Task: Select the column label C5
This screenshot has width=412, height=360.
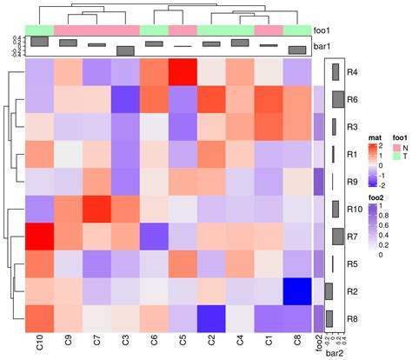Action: coord(183,344)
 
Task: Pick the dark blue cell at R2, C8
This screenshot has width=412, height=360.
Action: coord(297,291)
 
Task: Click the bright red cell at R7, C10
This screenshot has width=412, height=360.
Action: coord(40,237)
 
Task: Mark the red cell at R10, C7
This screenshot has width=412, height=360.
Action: coord(97,209)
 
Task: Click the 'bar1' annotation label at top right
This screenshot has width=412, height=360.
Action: coord(323,45)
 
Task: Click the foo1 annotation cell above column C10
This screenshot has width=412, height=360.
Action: coord(40,30)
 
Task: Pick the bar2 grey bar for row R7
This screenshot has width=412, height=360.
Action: coord(336,237)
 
